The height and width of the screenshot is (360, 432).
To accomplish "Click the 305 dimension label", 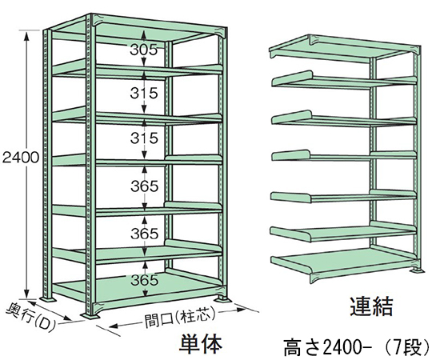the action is click(143, 50).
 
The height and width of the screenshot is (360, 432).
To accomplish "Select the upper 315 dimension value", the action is click(144, 93).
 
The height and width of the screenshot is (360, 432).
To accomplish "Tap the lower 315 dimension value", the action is click(144, 138).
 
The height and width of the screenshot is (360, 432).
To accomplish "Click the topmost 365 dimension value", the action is click(145, 186).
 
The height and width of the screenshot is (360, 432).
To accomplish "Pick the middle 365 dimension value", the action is click(145, 234).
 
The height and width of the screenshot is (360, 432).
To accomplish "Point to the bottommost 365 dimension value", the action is click(145, 280).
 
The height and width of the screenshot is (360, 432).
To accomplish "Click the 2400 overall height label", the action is click(20, 158).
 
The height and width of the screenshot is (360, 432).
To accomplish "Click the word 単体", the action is click(201, 343).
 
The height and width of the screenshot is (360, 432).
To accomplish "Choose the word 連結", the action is click(371, 306).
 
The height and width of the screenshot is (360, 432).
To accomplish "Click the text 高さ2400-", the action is click(326, 349).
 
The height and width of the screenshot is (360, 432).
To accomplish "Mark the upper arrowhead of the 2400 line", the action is click(26, 34).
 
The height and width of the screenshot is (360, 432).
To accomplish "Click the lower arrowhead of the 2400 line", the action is click(26, 293).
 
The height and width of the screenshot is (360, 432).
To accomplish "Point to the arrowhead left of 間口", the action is click(114, 326).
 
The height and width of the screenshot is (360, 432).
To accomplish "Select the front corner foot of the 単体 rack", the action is click(90, 316).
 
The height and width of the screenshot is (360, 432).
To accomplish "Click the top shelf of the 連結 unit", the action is click(344, 48).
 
